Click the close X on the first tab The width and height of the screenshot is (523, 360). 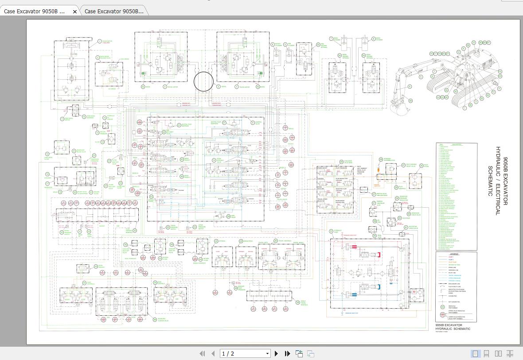(x=74, y=12)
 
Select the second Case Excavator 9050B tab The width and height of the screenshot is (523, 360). (x=114, y=12)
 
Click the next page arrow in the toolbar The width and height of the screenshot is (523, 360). (x=277, y=353)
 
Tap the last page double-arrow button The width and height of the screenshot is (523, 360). (x=287, y=353)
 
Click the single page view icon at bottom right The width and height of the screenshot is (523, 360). (x=475, y=353)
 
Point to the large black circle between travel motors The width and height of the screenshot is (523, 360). (x=204, y=81)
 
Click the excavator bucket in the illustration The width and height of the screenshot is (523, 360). (x=398, y=108)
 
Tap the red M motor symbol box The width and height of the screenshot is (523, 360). (x=414, y=292)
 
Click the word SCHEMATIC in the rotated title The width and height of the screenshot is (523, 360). (x=490, y=181)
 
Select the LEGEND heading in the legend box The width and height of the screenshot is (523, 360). (x=454, y=254)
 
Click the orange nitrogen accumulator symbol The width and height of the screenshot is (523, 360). (x=379, y=169)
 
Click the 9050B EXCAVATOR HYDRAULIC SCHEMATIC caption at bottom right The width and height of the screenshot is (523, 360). (x=453, y=327)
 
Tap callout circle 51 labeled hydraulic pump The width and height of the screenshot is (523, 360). (x=331, y=231)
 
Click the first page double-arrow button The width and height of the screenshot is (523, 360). (x=203, y=353)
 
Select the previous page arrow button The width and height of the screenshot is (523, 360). (x=213, y=353)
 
